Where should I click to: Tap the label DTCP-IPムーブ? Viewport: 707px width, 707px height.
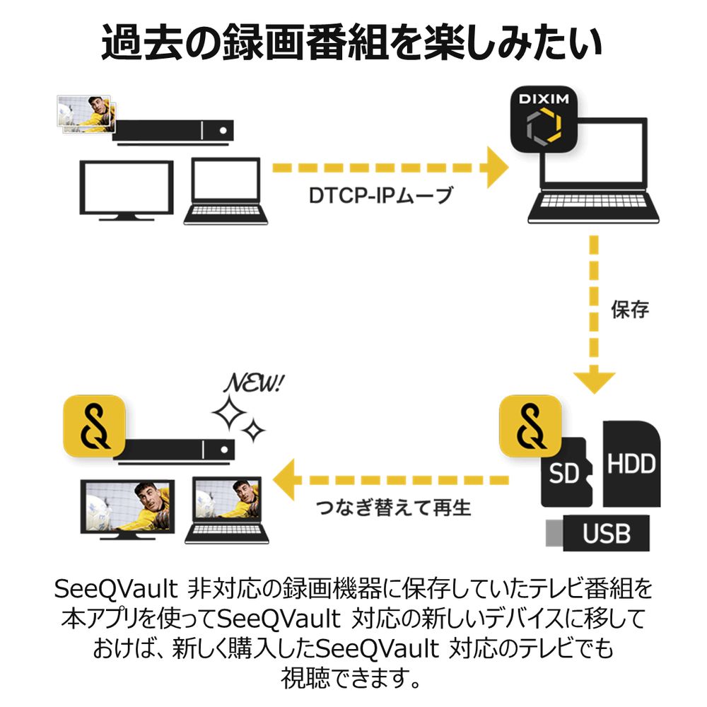(380, 196)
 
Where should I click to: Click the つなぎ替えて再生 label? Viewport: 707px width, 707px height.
(393, 507)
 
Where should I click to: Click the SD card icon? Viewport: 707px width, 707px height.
(565, 472)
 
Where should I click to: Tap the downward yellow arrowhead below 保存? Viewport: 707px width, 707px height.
(594, 378)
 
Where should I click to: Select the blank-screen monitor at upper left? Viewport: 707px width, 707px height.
(126, 190)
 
